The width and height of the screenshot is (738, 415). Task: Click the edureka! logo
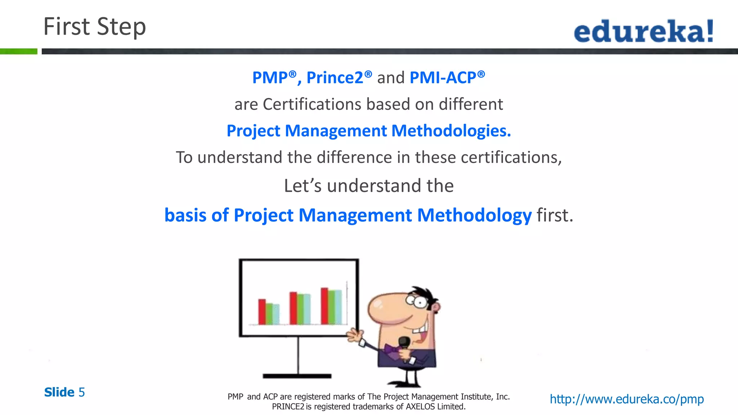[644, 31]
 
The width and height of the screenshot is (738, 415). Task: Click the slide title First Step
[94, 27]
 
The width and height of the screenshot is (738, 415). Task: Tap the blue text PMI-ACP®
[447, 77]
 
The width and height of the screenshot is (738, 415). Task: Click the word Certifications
[312, 104]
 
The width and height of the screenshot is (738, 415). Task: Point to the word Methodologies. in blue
[451, 131]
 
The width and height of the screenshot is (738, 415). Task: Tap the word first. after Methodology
[555, 215]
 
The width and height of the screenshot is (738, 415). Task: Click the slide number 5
[82, 392]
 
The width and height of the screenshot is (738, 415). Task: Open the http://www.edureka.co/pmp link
[626, 399]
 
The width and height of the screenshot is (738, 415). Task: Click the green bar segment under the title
[18, 52]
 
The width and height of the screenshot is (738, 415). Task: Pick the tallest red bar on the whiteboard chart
[324, 306]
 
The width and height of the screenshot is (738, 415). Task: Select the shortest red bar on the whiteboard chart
[262, 312]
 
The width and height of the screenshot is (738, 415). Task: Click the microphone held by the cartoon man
[404, 342]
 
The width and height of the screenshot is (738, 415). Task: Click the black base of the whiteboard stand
[297, 376]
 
